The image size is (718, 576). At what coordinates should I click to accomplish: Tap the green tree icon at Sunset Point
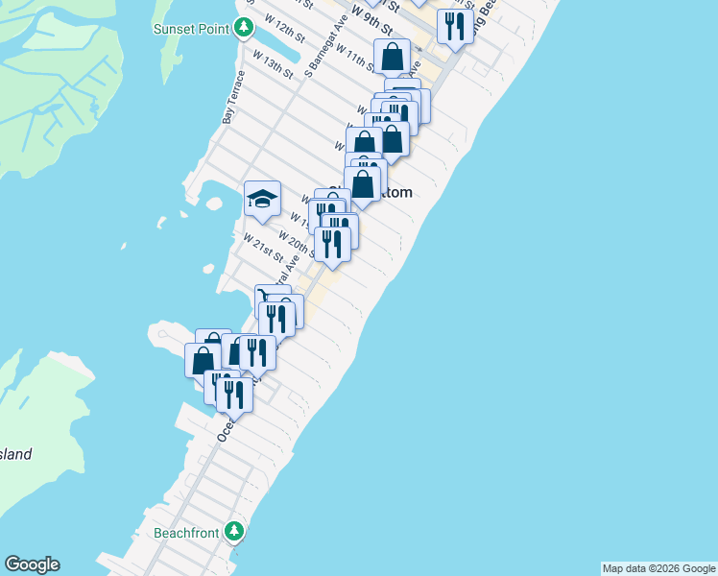point(245,28)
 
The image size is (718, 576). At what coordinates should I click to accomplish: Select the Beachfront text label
point(188,532)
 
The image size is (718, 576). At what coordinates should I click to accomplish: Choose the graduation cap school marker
point(262,199)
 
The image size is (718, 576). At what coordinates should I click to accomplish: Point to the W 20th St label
point(298,241)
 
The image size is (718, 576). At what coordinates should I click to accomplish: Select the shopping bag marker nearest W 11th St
point(393,57)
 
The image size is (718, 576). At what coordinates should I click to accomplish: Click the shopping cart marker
point(271,297)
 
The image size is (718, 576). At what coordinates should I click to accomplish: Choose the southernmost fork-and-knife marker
point(233,394)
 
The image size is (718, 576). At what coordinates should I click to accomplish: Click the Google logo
point(32,564)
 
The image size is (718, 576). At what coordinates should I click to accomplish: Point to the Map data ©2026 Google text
point(658,568)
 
